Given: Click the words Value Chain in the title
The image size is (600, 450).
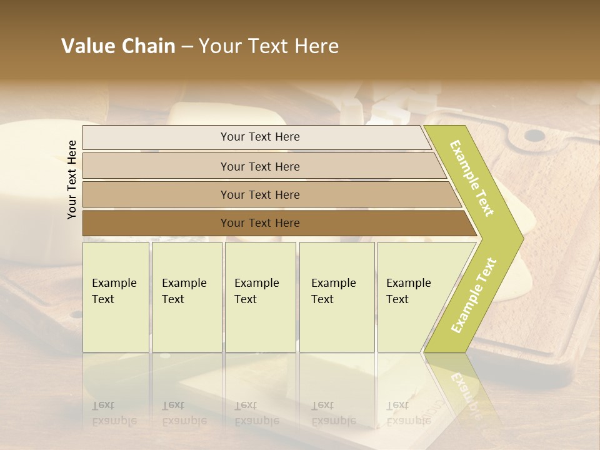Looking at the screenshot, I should click(x=118, y=46).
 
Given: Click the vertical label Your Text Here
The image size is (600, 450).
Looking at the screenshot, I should click(x=72, y=179).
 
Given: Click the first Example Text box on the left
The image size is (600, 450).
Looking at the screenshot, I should click(x=116, y=297).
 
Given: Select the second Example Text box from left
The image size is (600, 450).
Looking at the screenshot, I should click(x=186, y=297).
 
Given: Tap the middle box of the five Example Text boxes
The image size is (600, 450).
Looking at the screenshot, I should click(x=260, y=297).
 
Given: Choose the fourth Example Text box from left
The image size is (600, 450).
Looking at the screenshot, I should click(x=337, y=297).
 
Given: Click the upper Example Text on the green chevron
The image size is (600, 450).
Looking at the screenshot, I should click(x=472, y=178).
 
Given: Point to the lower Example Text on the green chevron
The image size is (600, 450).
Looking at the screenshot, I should click(x=474, y=295).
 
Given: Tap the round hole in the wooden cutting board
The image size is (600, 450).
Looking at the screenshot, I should click(x=533, y=135).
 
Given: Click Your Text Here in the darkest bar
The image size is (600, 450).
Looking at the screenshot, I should click(x=260, y=223).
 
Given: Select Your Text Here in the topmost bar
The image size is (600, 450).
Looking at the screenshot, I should click(x=260, y=137).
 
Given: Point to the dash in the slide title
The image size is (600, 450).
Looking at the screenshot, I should click(x=187, y=46).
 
